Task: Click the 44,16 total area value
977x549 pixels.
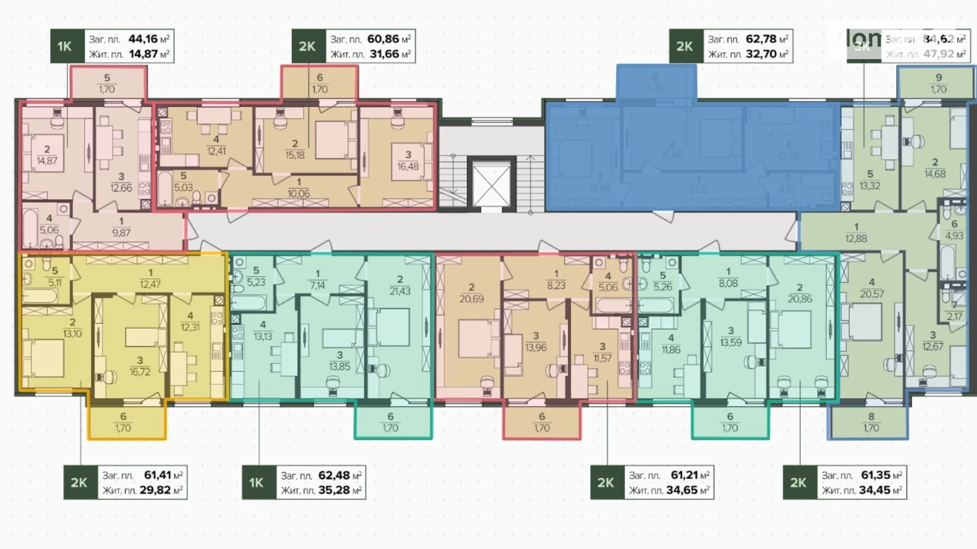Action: coord(143,39)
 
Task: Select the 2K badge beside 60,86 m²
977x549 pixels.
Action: coord(307,46)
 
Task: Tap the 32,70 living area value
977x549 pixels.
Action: coord(761,54)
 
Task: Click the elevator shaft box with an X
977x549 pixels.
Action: coord(491,185)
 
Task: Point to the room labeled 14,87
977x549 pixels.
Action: coord(47,156)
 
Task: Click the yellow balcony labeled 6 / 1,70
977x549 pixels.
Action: coord(124,422)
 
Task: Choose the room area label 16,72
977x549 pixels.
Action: coord(140,366)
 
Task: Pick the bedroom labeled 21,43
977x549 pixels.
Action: coord(400,286)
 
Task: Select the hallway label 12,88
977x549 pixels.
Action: coord(856,233)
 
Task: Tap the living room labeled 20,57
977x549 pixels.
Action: coord(871,289)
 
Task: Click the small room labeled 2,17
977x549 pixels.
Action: coord(954,311)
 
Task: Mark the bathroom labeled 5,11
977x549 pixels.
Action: coord(55,277)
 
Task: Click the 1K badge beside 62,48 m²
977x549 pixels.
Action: coord(257,482)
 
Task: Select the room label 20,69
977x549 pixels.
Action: coord(471,294)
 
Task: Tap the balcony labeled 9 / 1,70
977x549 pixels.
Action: coord(938,83)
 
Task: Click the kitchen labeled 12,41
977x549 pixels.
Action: coord(216,146)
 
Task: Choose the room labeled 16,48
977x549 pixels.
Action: coord(408,161)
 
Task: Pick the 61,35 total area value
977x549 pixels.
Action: coord(875,475)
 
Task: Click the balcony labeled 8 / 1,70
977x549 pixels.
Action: coord(871,422)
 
